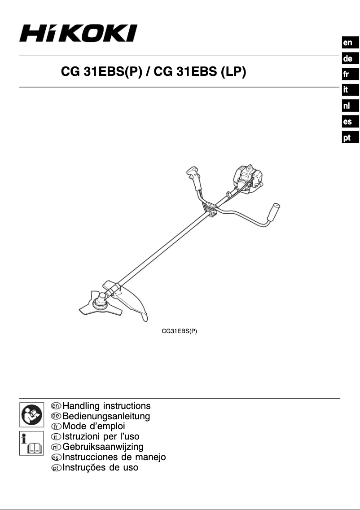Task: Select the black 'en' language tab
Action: click(347, 43)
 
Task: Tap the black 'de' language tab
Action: click(347, 58)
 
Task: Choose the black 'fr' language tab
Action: click(347, 75)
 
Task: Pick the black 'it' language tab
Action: click(347, 90)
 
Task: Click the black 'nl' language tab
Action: click(347, 106)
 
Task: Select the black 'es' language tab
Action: click(347, 122)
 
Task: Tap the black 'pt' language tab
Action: click(347, 137)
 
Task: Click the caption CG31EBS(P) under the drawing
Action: click(180, 332)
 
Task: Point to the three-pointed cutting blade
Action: click(96, 303)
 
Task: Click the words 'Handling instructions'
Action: click(106, 406)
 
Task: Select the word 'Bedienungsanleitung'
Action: click(106, 417)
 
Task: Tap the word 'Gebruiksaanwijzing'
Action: click(103, 447)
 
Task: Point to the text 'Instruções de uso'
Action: click(100, 467)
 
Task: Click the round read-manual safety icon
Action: click(31, 414)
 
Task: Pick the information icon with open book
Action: click(31, 443)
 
